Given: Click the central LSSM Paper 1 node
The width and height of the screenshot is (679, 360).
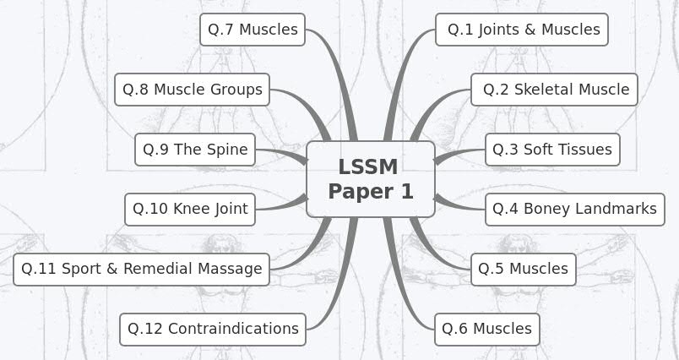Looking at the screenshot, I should (370, 179).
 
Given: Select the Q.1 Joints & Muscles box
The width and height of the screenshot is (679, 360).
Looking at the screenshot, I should (521, 30).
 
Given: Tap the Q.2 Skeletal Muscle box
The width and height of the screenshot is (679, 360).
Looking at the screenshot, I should (554, 90).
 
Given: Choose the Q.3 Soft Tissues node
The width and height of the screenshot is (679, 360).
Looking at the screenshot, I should (551, 150).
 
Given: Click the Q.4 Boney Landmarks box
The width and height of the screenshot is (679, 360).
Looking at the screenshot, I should (574, 209).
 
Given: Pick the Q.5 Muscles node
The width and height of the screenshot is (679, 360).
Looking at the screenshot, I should (523, 269).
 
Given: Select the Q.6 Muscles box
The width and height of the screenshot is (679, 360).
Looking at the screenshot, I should (486, 329).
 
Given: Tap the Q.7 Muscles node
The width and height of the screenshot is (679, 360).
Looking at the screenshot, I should (253, 30).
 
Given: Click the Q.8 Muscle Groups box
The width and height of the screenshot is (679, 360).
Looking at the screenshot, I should (192, 90).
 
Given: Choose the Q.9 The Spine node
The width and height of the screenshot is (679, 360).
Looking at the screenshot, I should (195, 150).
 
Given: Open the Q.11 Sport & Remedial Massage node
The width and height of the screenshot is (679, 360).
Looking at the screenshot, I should (141, 269).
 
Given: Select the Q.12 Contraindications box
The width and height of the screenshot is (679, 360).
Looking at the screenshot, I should (212, 329).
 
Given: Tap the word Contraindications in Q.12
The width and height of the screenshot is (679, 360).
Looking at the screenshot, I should (233, 329).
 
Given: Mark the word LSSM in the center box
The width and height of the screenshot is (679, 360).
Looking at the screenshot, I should (367, 167).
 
